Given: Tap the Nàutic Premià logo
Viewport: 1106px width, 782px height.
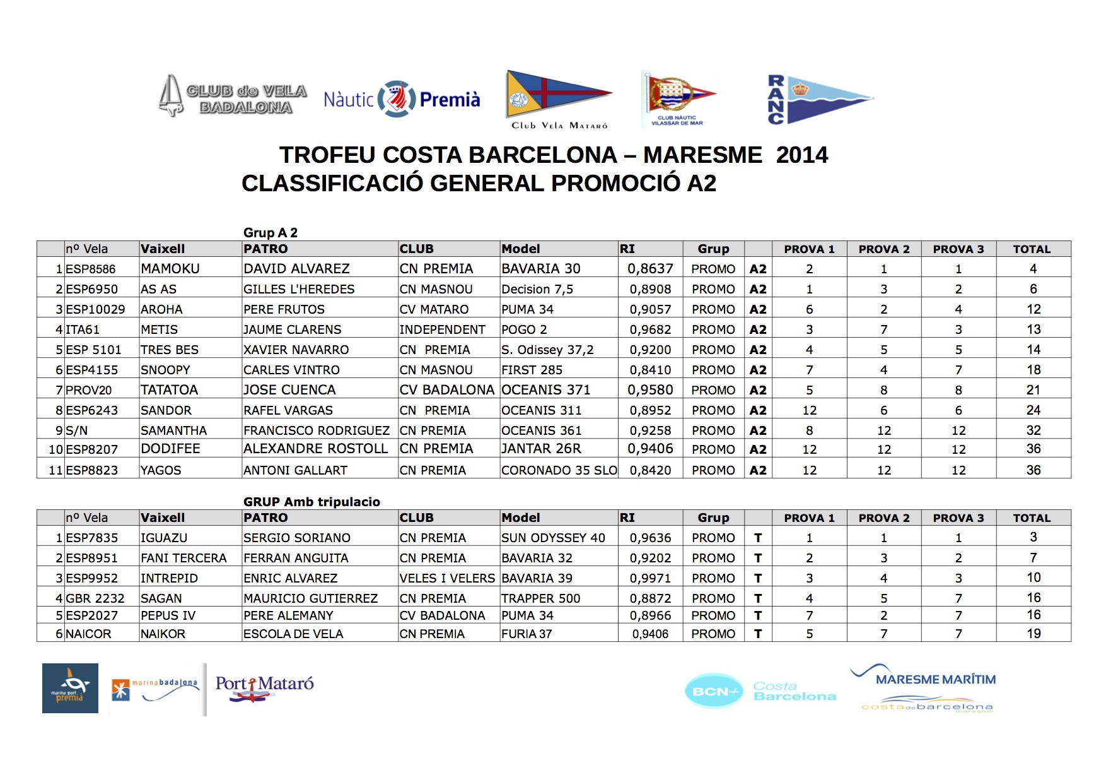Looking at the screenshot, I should pyautogui.click(x=402, y=99).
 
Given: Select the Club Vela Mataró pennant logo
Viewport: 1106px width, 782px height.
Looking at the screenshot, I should pyautogui.click(x=558, y=99).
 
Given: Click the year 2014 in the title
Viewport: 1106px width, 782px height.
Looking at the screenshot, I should pyautogui.click(x=801, y=155).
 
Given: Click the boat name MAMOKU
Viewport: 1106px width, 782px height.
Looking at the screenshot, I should pyautogui.click(x=170, y=269).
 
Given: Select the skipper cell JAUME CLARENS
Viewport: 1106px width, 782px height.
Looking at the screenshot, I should pyautogui.click(x=293, y=329).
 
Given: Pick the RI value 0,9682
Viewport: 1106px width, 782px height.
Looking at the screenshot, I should pyautogui.click(x=650, y=329).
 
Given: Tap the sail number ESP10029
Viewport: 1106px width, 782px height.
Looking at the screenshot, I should pyautogui.click(x=95, y=309).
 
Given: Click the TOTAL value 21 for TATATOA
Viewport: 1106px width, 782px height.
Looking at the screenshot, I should pyautogui.click(x=1033, y=390).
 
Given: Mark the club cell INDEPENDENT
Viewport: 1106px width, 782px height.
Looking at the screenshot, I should pyautogui.click(x=442, y=329).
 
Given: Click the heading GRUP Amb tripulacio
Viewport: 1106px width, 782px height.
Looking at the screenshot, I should pyautogui.click(x=311, y=502).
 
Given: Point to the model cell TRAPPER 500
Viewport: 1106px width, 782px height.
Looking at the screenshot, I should pyautogui.click(x=540, y=598).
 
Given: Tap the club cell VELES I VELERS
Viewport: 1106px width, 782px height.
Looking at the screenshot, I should pyautogui.click(x=447, y=578).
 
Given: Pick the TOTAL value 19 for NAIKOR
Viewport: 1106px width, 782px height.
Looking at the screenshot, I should pyautogui.click(x=1033, y=634).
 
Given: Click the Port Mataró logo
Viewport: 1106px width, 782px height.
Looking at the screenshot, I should pyautogui.click(x=264, y=688).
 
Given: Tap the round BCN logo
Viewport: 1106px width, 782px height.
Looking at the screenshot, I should pyautogui.click(x=714, y=691).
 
